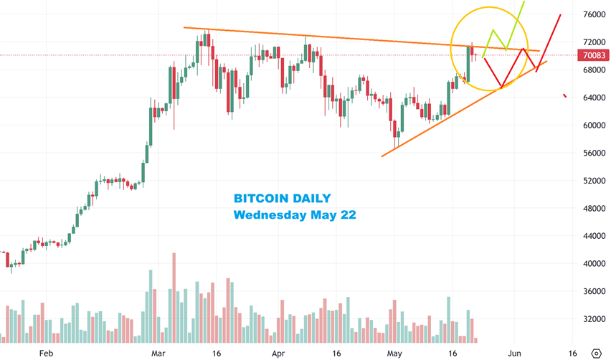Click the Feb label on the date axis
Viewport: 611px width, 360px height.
[x=46, y=354]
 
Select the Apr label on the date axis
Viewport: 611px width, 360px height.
[x=278, y=354]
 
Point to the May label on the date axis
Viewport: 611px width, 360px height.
[x=394, y=354]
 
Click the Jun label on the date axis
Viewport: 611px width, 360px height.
[x=514, y=354]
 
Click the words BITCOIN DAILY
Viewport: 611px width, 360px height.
[x=283, y=199]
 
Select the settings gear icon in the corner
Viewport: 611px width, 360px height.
[x=596, y=353]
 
